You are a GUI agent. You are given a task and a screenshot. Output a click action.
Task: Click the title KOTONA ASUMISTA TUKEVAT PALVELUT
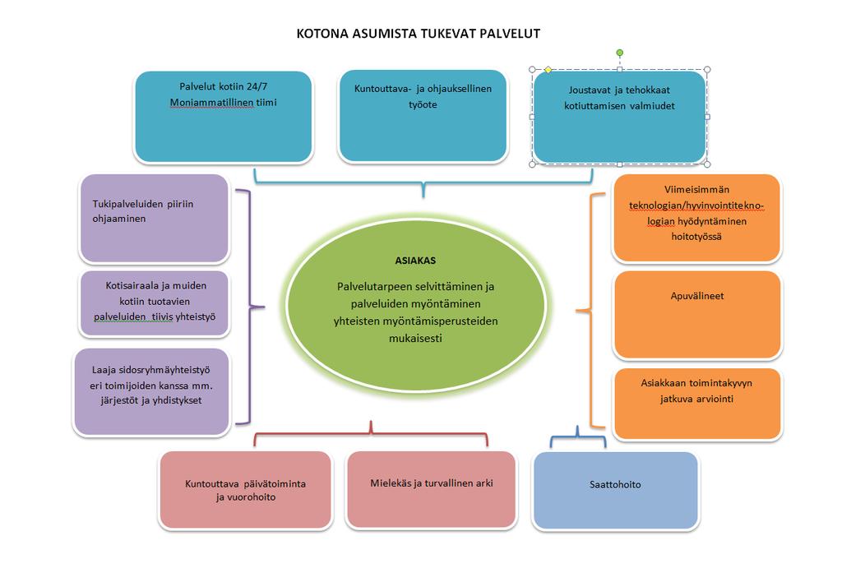point(418,33)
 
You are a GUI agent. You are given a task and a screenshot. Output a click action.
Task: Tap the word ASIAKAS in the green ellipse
point(415,261)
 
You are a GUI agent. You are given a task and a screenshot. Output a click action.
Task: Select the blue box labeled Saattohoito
point(615,491)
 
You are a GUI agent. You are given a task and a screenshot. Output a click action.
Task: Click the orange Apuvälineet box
point(697,315)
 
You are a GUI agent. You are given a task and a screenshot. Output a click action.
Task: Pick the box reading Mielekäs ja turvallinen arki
point(431,490)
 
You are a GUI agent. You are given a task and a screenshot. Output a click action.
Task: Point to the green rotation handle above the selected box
point(620,53)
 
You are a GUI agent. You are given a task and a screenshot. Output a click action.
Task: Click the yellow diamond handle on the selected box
point(548,70)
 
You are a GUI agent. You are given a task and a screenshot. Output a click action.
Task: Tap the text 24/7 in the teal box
point(257,86)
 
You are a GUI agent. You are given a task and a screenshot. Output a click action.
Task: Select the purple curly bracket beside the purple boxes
point(250,307)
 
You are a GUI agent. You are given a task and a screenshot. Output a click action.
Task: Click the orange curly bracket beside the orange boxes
point(590,311)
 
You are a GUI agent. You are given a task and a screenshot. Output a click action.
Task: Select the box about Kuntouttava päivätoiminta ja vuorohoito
point(245,490)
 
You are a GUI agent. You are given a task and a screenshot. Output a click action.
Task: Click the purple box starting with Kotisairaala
point(155,303)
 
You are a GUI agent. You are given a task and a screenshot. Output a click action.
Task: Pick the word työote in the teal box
point(423,104)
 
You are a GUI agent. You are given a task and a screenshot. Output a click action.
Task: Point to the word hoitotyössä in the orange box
point(696,236)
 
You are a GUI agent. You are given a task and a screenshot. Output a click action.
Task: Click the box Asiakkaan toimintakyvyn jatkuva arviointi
point(697,404)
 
